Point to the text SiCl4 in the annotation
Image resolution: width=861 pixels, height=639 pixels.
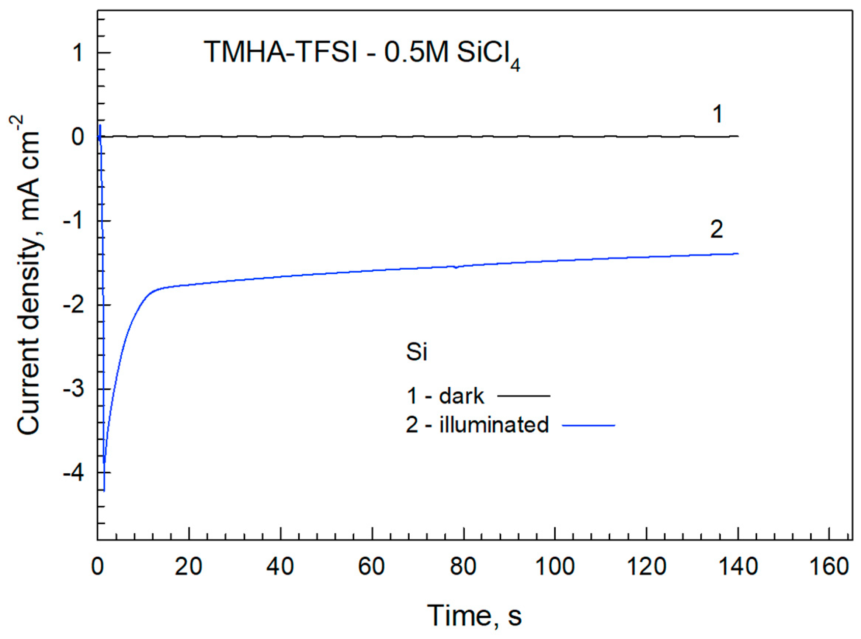(488, 54)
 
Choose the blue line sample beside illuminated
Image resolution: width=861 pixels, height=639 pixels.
(589, 425)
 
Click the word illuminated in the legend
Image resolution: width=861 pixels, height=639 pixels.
(494, 424)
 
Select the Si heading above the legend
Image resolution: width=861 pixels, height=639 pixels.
(416, 352)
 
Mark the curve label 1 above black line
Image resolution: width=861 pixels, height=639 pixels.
(717, 114)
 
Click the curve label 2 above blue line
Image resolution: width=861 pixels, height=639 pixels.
(716, 230)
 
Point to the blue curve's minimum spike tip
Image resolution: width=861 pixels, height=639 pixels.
(104, 490)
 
